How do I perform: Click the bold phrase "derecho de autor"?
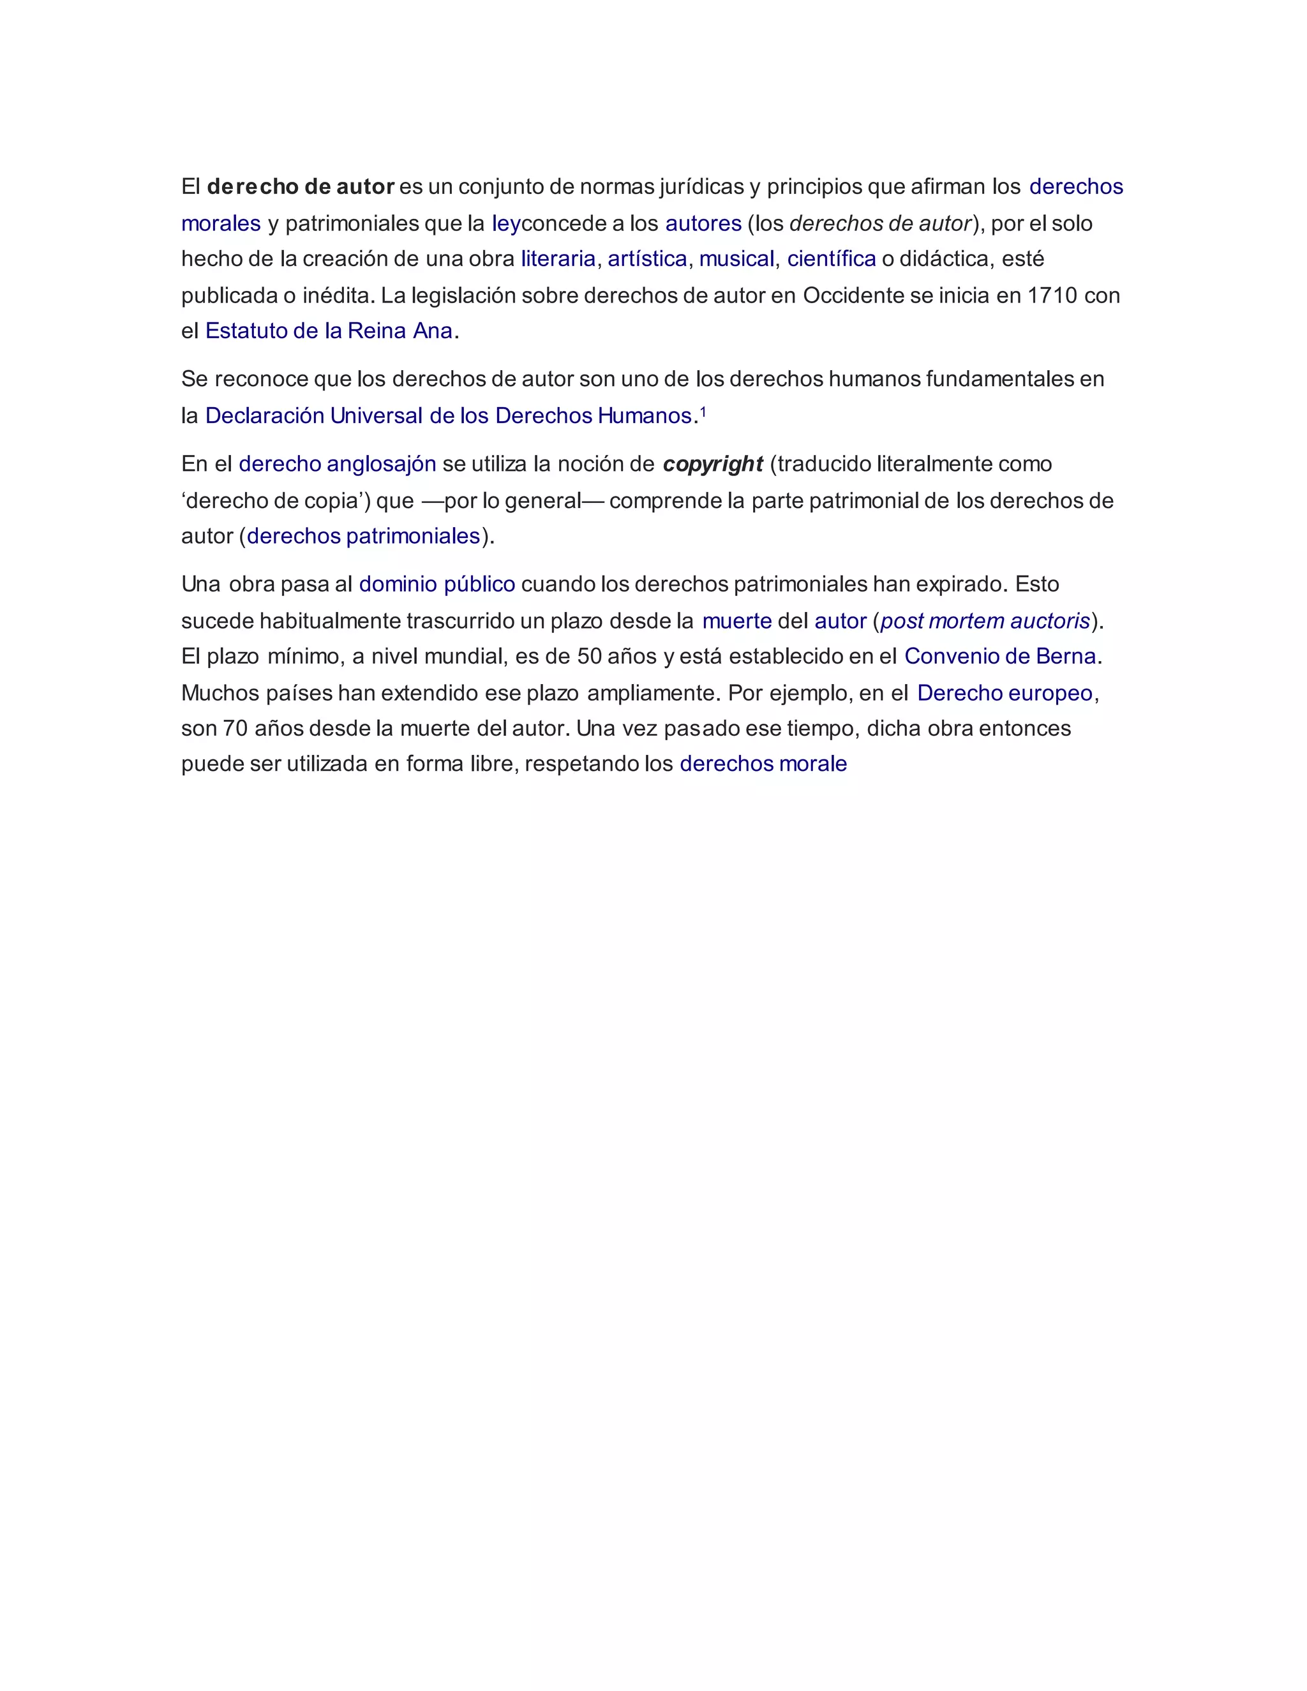(x=301, y=186)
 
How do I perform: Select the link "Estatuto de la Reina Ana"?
(x=328, y=331)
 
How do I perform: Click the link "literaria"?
(x=558, y=258)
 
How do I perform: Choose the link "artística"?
(x=647, y=258)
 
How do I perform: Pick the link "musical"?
(x=736, y=258)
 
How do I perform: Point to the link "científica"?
(x=832, y=258)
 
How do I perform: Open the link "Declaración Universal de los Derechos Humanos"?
(x=447, y=416)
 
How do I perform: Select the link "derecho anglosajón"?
(x=338, y=464)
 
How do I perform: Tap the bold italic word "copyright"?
(x=713, y=464)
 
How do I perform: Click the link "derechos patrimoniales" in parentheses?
(x=364, y=536)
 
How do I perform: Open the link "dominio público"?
(x=437, y=584)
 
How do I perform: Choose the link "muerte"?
(x=736, y=621)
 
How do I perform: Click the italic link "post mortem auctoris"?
(x=985, y=621)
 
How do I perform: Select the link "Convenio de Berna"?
(x=999, y=656)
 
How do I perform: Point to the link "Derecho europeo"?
(x=1005, y=693)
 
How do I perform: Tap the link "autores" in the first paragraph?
(x=703, y=224)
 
